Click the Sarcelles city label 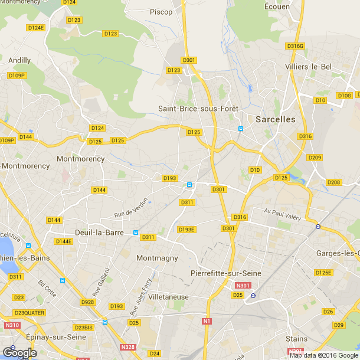coord(276,119)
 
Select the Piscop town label coord(161,12)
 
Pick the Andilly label coord(20,60)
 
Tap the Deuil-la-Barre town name coord(99,232)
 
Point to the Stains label coord(296,339)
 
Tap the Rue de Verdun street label coord(131,208)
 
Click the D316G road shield coord(294,45)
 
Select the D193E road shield coord(186,230)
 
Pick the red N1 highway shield coord(207,321)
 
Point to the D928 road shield coord(87,302)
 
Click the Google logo coord(19,353)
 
